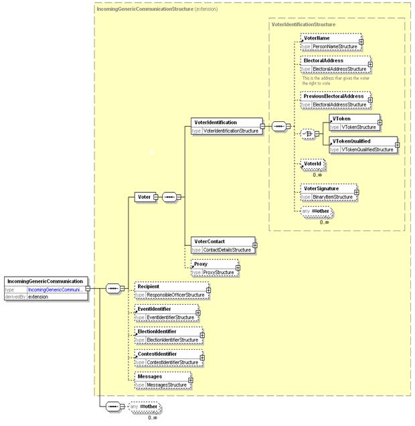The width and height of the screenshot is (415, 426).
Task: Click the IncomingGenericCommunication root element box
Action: point(45,281)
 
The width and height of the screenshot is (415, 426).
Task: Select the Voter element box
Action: point(143,197)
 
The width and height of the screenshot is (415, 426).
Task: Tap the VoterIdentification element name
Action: point(215,123)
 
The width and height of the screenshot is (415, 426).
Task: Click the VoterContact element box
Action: point(222,245)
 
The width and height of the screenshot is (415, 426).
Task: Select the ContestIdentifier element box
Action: point(168,358)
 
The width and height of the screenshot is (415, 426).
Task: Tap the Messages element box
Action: point(161,380)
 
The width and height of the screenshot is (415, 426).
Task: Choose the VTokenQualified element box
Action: point(362,145)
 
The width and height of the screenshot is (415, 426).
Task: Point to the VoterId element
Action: point(313,163)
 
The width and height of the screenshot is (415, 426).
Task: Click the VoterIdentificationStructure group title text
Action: point(303,24)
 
